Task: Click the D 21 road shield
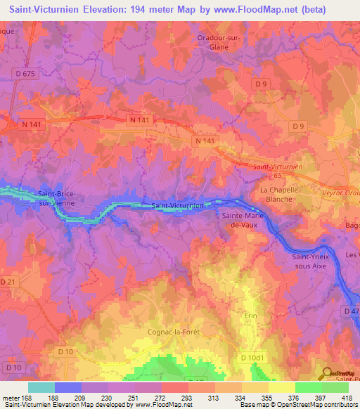point(8,282)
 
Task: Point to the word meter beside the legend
point(11,398)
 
